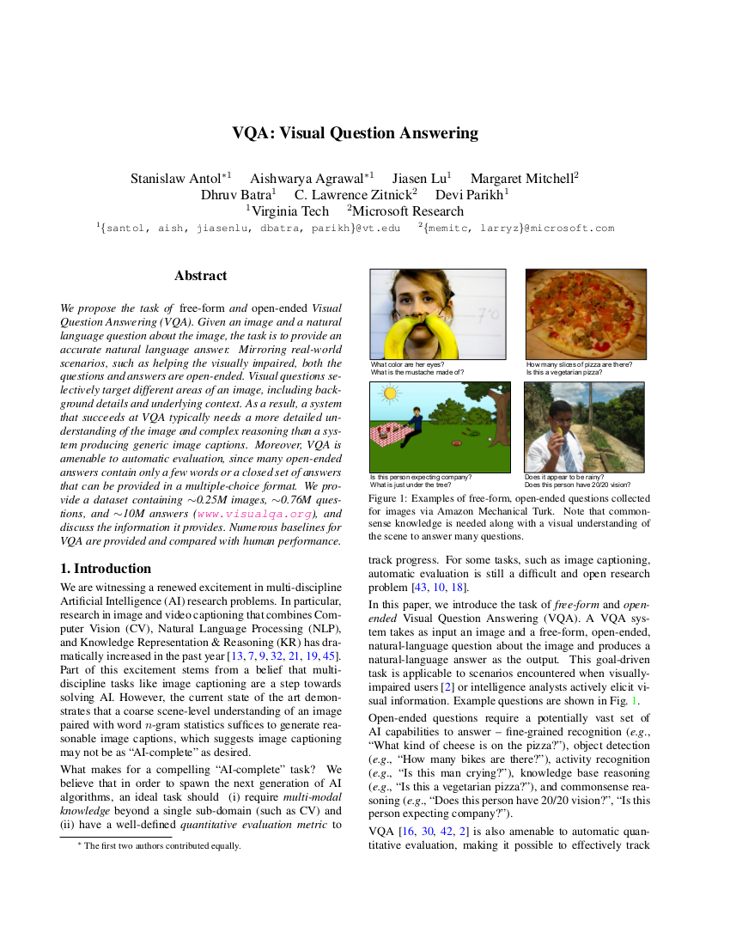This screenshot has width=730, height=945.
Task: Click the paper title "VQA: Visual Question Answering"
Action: (x=355, y=133)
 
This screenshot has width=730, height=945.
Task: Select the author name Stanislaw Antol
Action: (x=176, y=179)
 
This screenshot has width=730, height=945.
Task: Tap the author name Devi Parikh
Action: (x=471, y=195)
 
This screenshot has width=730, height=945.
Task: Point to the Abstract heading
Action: (x=200, y=276)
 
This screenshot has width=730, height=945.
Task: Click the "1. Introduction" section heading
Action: (x=106, y=569)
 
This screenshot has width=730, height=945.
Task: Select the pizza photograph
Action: (x=586, y=314)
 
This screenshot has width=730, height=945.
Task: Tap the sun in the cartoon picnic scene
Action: (x=391, y=394)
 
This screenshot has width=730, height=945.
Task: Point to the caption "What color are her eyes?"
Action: (x=407, y=364)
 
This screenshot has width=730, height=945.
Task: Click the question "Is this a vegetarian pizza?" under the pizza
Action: (x=564, y=373)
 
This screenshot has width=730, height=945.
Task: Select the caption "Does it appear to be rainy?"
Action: (x=563, y=477)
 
